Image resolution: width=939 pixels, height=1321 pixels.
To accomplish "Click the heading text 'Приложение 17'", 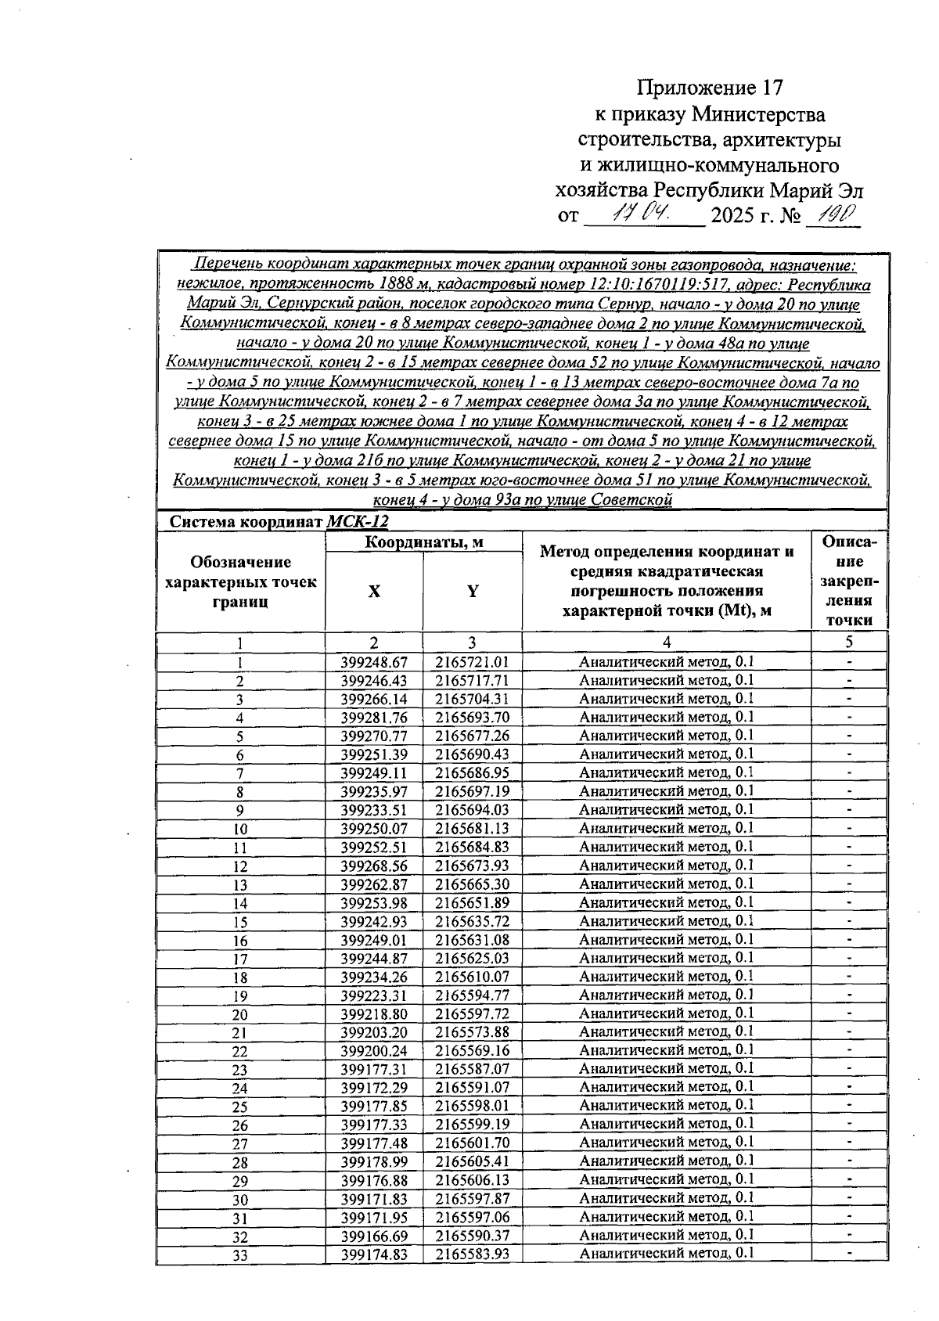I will (x=710, y=87).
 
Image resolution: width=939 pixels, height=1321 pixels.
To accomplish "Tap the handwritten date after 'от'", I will (x=639, y=214).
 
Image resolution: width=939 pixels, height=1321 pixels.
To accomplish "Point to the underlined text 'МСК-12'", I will (x=358, y=522).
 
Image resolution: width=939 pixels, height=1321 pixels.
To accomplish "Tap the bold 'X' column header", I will (x=374, y=592).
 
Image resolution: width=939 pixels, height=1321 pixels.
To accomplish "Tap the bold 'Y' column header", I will (x=473, y=592).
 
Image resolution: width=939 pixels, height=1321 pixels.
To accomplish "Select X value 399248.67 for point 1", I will (x=374, y=662).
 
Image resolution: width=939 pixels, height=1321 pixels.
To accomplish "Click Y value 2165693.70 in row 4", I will (x=473, y=718).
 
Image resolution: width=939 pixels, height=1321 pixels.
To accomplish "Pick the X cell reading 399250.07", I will (x=374, y=829).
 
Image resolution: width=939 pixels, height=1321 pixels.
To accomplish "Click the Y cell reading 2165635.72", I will (x=473, y=922).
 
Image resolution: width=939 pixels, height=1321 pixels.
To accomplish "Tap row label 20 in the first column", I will (x=240, y=1015).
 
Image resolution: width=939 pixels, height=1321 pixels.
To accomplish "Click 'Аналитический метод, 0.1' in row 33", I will (x=666, y=1254).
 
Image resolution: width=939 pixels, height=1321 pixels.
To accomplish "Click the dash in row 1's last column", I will (x=849, y=662).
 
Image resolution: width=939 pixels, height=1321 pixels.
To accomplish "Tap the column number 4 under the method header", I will (x=666, y=643).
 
